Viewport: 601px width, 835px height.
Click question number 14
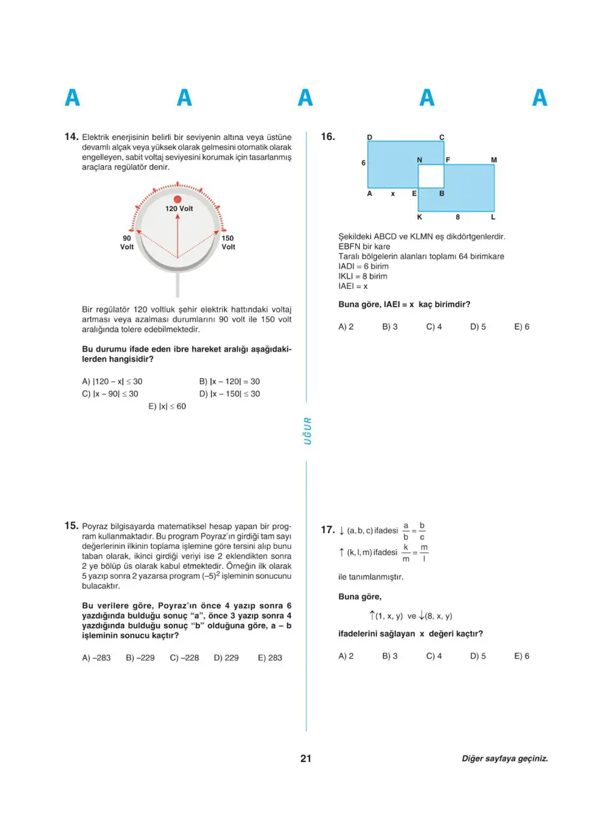[72, 137]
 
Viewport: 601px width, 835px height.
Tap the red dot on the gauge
[178, 199]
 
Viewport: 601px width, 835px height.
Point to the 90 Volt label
[127, 242]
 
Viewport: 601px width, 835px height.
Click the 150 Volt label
[228, 242]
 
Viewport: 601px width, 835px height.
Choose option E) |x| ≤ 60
[167, 406]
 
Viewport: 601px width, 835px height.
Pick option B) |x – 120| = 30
[229, 382]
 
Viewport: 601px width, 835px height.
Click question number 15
[72, 526]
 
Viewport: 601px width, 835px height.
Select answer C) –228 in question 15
[184, 657]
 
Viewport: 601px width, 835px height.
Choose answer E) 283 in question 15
[270, 657]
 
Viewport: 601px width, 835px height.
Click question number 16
[329, 137]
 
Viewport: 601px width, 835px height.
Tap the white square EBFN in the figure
[431, 176]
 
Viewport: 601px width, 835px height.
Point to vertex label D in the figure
[369, 137]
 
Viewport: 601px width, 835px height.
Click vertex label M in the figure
[494, 160]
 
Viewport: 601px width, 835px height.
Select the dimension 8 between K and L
[457, 217]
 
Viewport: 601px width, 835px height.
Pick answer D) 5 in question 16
[477, 327]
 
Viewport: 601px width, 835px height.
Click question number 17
[328, 529]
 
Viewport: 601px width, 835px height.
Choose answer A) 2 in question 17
[346, 656]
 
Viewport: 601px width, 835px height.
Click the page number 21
[305, 759]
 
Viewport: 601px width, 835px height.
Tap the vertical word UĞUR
[307, 431]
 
